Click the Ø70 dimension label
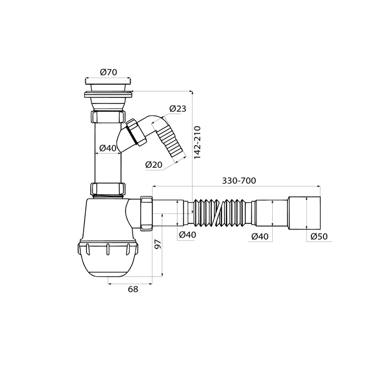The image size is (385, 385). point(108,72)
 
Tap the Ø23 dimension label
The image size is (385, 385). point(178,108)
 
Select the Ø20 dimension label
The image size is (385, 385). point(153,164)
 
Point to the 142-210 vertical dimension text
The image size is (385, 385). point(197,142)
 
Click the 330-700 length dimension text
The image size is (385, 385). point(239,181)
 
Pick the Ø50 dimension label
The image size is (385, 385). point(319,236)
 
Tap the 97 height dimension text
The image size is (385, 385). point(158,244)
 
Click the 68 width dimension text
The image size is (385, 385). point(133,289)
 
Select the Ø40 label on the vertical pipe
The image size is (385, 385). point(108,148)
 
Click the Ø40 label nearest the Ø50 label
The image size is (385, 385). point(260,237)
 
